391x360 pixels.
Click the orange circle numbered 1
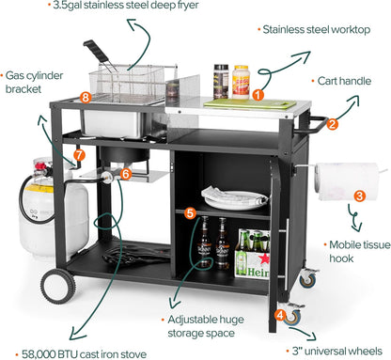(x=258, y=94)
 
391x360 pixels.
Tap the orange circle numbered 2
(x=333, y=123)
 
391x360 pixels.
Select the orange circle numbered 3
(x=358, y=196)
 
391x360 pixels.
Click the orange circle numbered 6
(x=125, y=174)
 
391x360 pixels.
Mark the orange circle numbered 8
(x=86, y=97)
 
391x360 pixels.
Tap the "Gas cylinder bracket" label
(x=28, y=83)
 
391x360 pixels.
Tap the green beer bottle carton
(x=253, y=255)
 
